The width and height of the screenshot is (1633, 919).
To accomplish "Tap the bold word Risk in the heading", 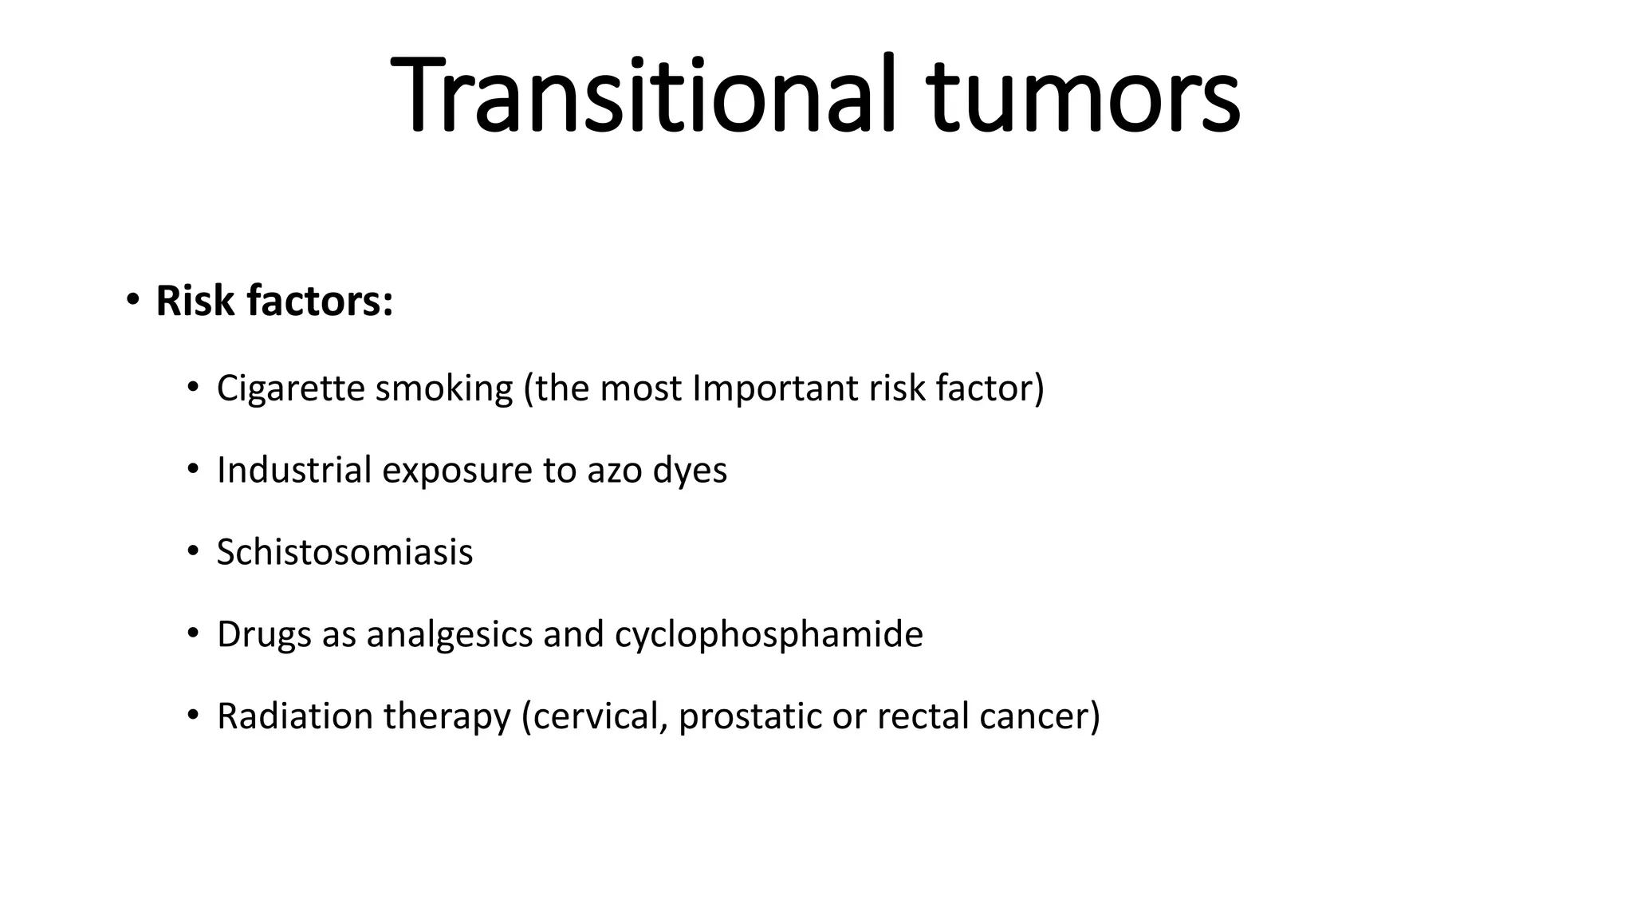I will click(195, 302).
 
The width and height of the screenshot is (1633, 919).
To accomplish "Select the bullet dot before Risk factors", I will click(132, 301).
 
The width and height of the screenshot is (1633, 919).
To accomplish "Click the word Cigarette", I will click(290, 389).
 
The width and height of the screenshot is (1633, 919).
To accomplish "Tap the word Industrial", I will click(294, 470).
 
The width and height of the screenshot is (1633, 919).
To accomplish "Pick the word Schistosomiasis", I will click(344, 552).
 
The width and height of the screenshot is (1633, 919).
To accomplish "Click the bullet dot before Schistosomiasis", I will click(192, 551).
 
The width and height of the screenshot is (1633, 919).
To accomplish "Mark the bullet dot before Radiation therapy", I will click(192, 715).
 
